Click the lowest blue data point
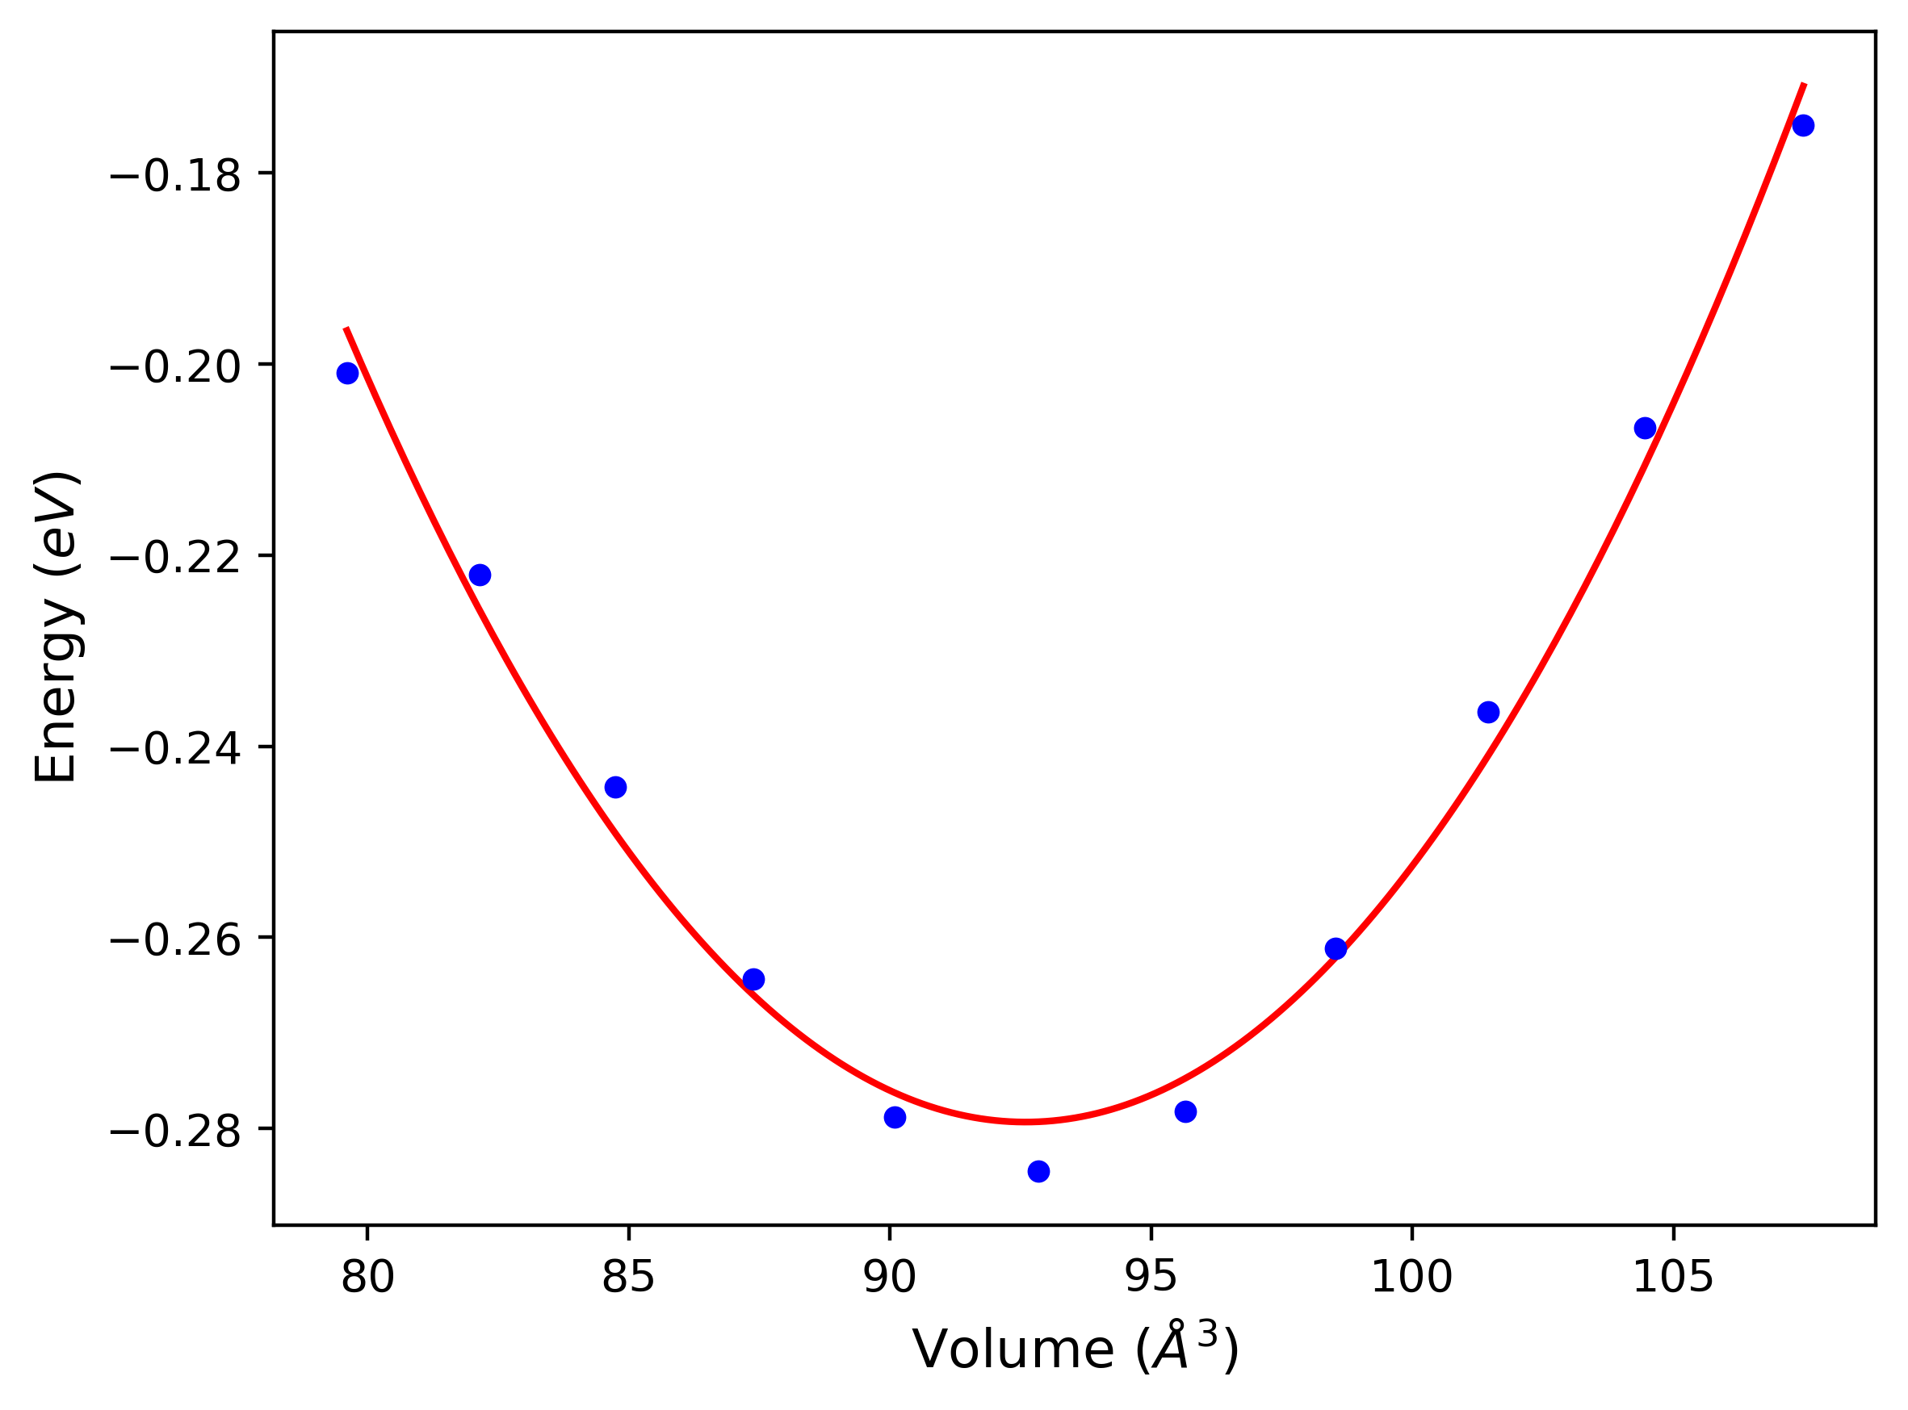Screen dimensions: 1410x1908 [1039, 1172]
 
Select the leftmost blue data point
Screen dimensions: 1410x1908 [347, 373]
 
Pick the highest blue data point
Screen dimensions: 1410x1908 [1803, 125]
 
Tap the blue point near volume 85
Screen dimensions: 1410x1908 [615, 787]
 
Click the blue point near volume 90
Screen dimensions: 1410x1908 [895, 1117]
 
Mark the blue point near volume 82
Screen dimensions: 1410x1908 [480, 575]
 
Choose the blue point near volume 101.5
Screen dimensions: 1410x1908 [1489, 712]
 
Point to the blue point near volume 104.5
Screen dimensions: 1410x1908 [1645, 428]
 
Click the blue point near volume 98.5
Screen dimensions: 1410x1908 [1336, 948]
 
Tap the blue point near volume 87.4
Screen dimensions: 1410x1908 [754, 979]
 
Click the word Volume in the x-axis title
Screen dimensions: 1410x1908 [1013, 1351]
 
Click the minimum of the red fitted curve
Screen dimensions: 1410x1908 [1025, 1122]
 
